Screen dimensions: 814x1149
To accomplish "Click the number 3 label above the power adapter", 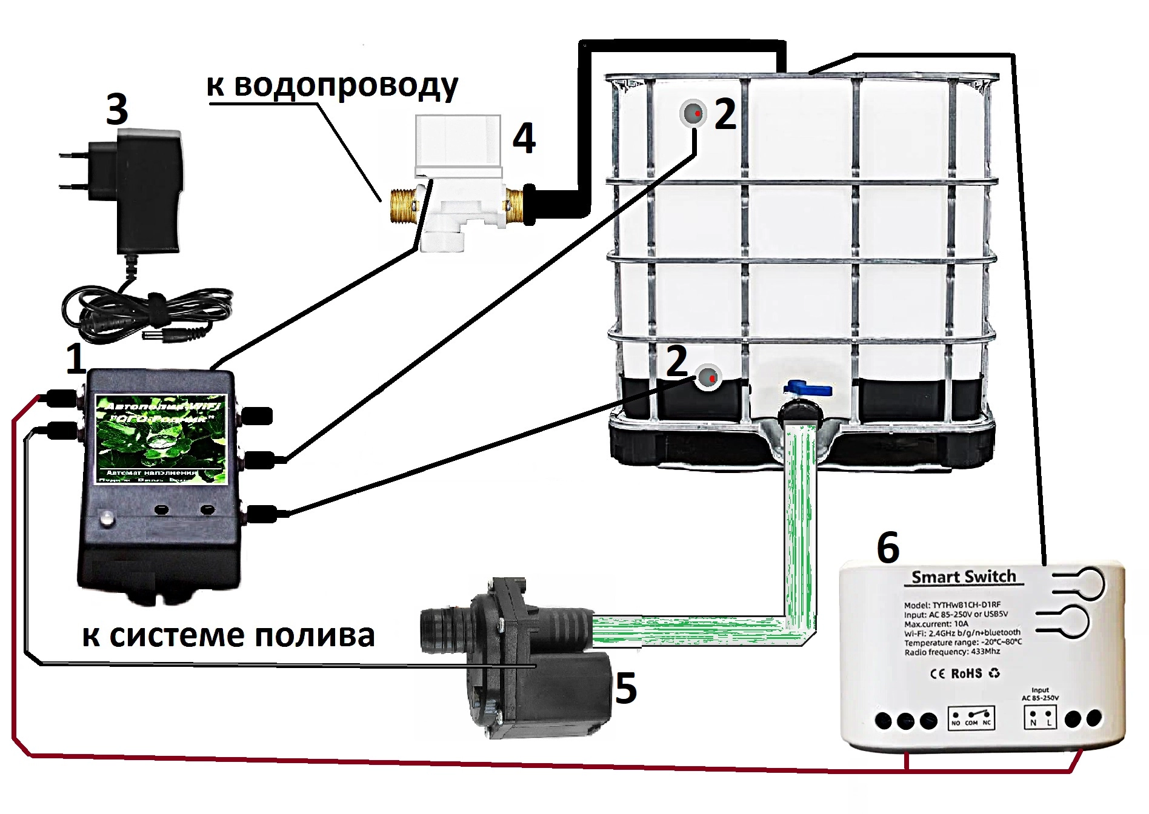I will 117,110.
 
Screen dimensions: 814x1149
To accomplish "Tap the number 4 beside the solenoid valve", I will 524,138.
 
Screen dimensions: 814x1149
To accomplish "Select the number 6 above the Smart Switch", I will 888,548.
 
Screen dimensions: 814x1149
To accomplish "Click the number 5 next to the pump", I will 626,689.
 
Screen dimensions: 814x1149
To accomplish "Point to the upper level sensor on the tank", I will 693,113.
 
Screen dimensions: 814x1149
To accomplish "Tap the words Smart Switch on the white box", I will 964,577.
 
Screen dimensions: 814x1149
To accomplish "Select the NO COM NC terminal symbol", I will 971,718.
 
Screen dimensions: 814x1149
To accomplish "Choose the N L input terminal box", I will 1040,718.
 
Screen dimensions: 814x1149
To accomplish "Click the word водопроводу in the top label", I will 346,86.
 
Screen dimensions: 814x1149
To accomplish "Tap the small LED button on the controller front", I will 107,519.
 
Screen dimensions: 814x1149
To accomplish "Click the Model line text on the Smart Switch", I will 952,604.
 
